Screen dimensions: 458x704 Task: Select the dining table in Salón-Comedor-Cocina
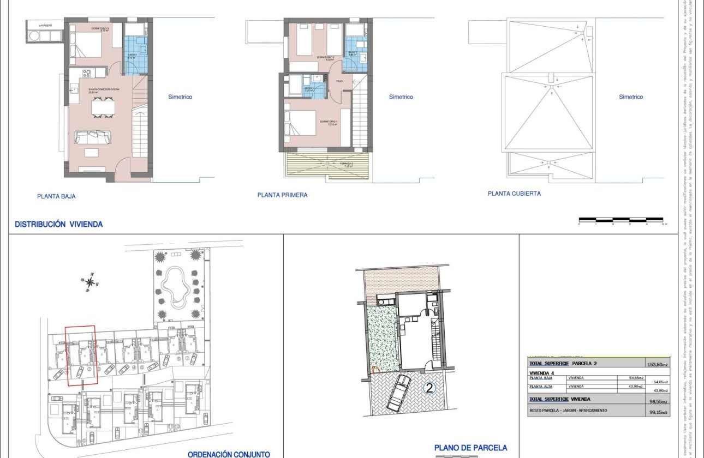tap(104, 107)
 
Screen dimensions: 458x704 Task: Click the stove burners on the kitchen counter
tap(87, 73)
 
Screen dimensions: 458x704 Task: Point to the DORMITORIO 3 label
tap(100, 28)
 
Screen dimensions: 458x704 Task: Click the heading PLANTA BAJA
tap(56, 197)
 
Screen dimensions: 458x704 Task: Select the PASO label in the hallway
tap(339, 81)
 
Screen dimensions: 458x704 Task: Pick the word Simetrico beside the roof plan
tap(631, 97)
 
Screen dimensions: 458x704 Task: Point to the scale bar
tap(622, 220)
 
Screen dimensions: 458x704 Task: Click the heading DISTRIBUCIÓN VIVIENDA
tap(58, 224)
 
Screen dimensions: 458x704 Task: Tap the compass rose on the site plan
tap(91, 281)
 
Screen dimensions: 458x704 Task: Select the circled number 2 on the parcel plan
tap(429, 388)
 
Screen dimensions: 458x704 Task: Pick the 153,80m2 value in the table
tap(658, 364)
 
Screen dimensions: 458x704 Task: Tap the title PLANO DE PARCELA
tap(470, 448)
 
